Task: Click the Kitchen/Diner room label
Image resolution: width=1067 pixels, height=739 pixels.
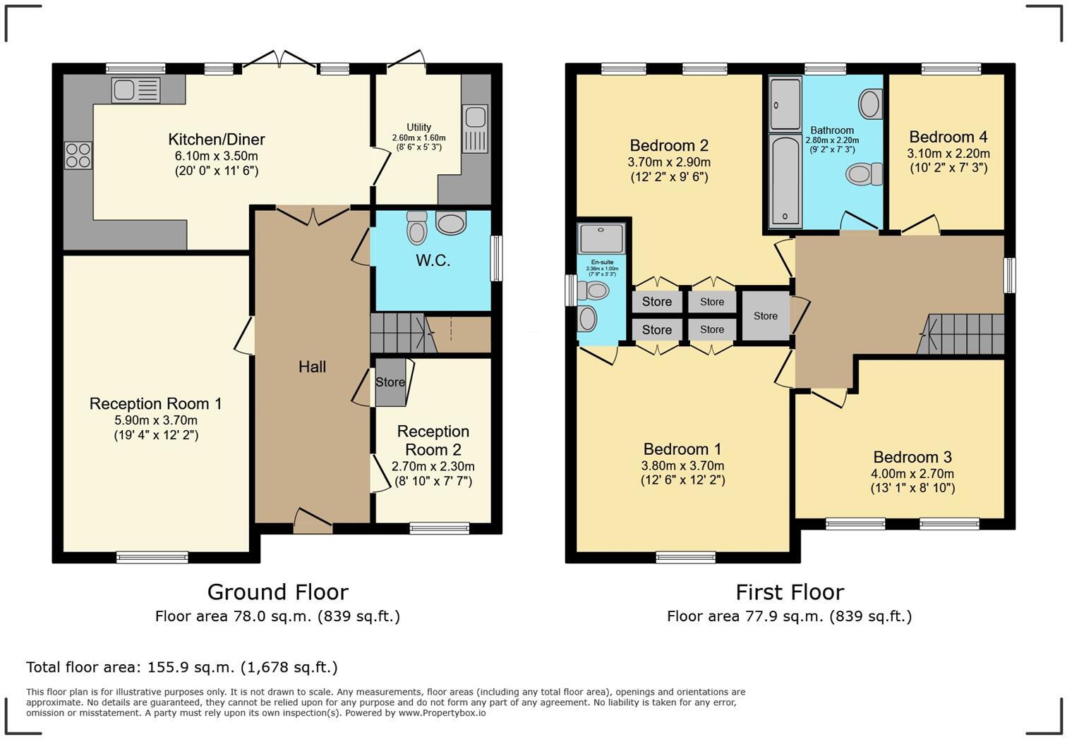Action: tap(216, 140)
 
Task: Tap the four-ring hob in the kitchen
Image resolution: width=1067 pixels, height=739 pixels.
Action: tap(78, 156)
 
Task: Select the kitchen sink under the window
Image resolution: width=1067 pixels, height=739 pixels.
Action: tap(135, 90)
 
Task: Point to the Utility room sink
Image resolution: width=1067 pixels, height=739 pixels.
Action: tap(475, 129)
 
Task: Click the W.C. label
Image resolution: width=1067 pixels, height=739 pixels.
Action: tap(433, 260)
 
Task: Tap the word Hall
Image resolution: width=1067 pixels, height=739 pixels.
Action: tap(313, 367)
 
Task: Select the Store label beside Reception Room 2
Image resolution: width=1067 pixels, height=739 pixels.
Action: tap(390, 382)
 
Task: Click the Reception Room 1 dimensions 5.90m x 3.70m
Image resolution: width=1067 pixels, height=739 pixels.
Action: tap(156, 420)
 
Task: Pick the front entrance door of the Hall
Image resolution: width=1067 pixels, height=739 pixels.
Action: tap(313, 521)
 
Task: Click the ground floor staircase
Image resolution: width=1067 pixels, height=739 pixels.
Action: tap(403, 333)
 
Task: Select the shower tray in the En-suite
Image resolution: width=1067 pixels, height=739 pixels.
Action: tap(601, 238)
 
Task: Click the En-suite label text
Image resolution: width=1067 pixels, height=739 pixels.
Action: tap(602, 262)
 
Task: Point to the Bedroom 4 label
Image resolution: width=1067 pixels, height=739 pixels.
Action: tap(948, 137)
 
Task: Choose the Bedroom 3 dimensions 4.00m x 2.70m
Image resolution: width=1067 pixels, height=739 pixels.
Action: tap(912, 473)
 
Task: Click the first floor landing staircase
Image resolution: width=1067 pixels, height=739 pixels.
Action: tap(960, 334)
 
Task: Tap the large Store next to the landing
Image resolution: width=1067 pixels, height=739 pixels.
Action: tap(766, 316)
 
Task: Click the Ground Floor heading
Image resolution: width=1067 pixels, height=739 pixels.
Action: tap(278, 592)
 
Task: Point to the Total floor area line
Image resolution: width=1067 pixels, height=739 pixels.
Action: tap(182, 667)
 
